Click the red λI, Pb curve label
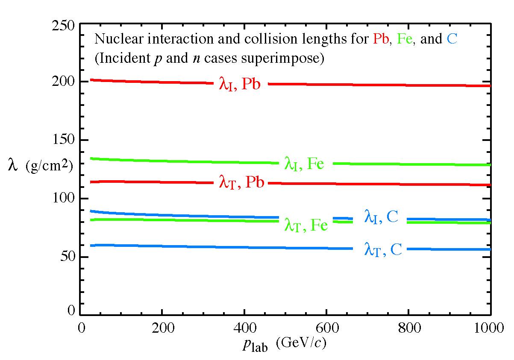click(239, 84)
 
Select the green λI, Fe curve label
click(304, 164)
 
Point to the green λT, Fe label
click(305, 225)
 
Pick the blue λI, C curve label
click(381, 217)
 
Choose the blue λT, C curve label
click(382, 249)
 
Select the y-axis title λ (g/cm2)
click(40, 166)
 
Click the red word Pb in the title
click(380, 40)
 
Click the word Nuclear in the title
click(112, 40)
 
